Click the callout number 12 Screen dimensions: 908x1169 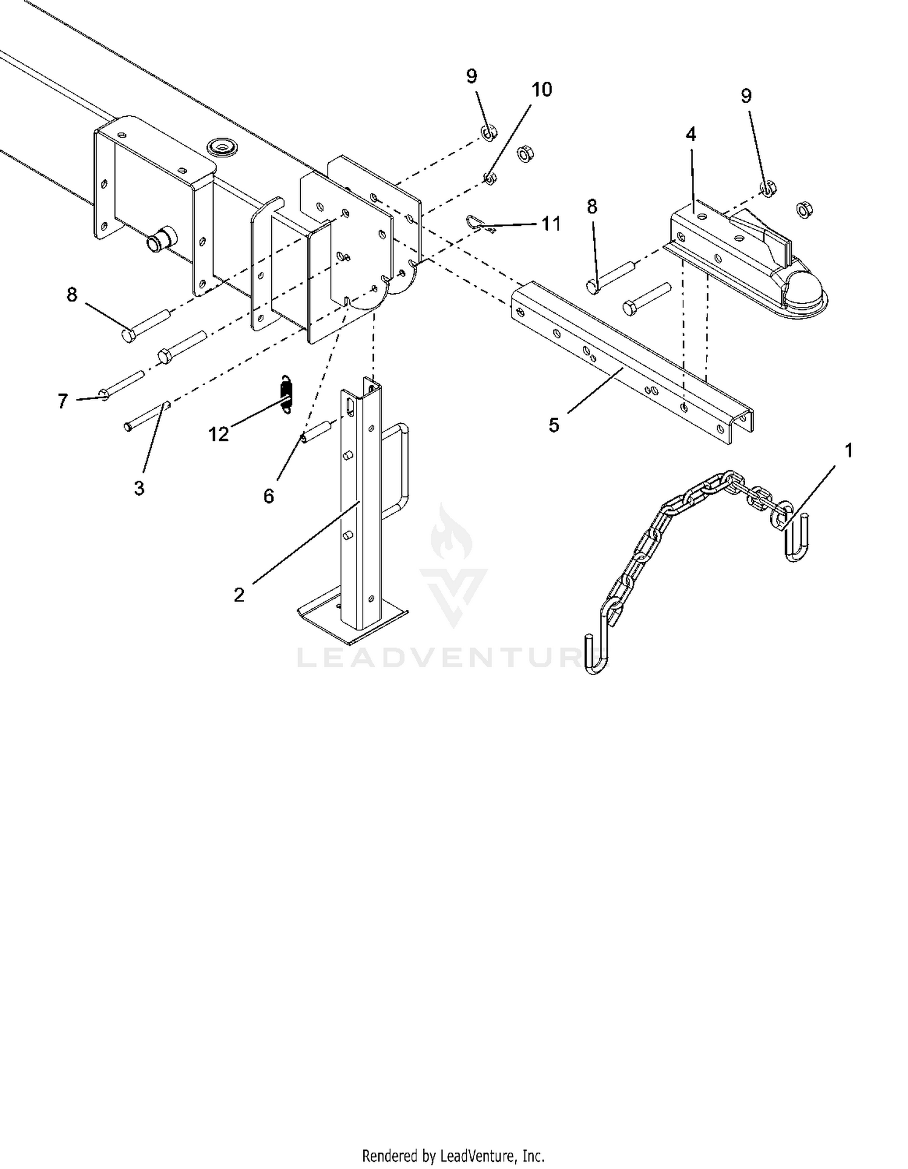(219, 434)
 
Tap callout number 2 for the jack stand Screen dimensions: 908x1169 (239, 594)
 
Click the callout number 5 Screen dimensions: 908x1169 (554, 425)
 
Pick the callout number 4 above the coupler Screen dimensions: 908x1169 (691, 134)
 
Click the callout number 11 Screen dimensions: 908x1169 (551, 224)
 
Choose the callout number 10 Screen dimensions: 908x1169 (542, 90)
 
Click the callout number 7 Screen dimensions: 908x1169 (63, 401)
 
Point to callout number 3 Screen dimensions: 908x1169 (139, 488)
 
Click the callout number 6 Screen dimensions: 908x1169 (268, 496)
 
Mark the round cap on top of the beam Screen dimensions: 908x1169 (222, 146)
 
